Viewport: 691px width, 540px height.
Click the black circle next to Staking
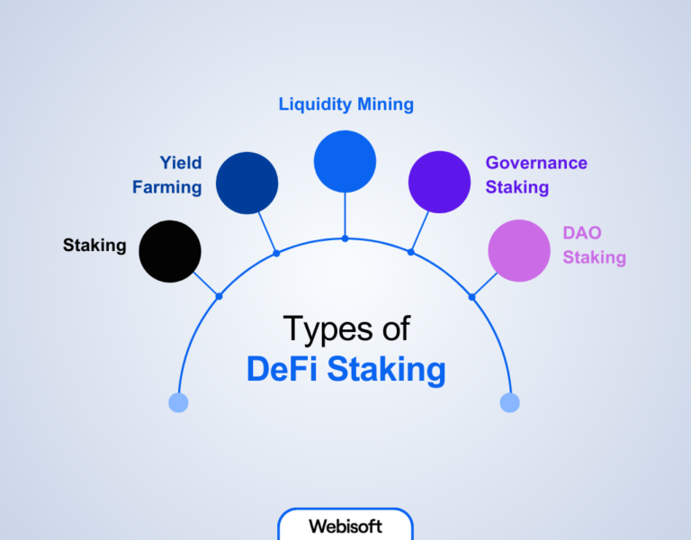[170, 251]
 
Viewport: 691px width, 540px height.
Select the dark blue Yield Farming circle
[247, 183]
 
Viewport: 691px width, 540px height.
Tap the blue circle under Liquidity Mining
[345, 161]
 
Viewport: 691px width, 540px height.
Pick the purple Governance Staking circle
[439, 183]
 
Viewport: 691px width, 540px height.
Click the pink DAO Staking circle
[519, 251]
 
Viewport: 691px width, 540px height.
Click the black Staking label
[94, 245]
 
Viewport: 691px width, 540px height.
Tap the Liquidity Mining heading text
[345, 104]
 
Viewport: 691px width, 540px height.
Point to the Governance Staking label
[536, 175]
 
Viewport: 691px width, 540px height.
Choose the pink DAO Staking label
[594, 245]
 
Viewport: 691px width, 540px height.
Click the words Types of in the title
[345, 328]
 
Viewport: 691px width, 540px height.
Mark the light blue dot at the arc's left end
[178, 402]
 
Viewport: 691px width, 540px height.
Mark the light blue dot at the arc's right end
[510, 402]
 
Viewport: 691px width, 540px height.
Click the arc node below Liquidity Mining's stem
[345, 238]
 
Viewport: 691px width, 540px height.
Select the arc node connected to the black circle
[219, 296]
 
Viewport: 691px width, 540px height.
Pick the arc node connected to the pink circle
[471, 296]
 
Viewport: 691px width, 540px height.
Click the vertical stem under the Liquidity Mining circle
[345, 216]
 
